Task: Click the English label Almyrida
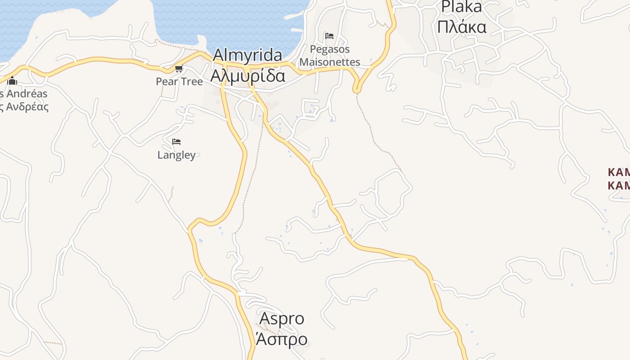coord(247,55)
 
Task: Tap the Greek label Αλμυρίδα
coord(247,76)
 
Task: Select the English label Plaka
coord(461,6)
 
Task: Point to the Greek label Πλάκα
coord(462,27)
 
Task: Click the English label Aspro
coord(282,319)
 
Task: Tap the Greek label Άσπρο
coord(282,339)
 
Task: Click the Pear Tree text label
coord(179,81)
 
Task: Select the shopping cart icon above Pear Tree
coord(179,69)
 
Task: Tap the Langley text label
coord(176,155)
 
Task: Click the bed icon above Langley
coord(176,142)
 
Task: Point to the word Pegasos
coord(330,49)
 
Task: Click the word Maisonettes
coord(330,62)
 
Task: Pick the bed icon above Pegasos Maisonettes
coord(329,36)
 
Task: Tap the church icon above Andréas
coord(12,81)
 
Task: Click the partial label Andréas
coord(25,94)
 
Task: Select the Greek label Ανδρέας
coord(25,107)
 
